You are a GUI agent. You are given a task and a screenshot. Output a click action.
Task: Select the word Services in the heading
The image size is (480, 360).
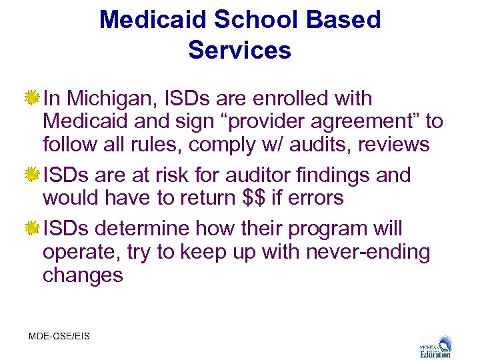click(x=240, y=50)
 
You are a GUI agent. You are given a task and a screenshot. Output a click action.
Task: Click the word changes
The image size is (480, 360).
click(x=83, y=275)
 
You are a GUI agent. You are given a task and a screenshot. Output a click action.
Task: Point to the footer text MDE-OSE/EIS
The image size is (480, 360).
click(x=59, y=336)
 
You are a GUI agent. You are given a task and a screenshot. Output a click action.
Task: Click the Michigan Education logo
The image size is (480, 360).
click(x=435, y=346)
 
